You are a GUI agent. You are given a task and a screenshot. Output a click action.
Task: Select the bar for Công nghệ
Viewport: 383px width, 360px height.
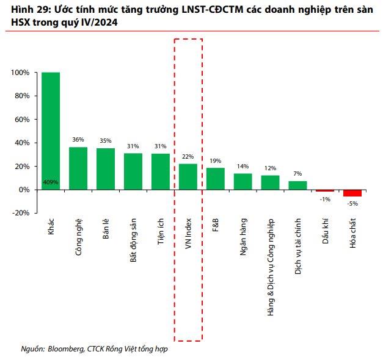(x=78, y=168)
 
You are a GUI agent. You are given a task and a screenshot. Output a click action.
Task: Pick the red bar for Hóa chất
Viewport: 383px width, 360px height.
(x=352, y=193)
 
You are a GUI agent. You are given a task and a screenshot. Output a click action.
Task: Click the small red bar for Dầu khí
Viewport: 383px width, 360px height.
(x=325, y=191)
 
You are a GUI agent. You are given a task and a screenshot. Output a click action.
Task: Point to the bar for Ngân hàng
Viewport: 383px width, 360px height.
(x=243, y=182)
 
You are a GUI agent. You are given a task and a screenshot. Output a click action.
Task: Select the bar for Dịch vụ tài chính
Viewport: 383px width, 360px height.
(x=297, y=185)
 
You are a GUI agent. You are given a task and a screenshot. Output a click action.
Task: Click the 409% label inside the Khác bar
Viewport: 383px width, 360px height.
(x=51, y=182)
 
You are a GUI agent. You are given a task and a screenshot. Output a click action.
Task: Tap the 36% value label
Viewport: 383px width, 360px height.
(x=78, y=140)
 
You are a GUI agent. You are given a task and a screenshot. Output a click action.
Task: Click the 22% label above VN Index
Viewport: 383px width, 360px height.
(x=188, y=156)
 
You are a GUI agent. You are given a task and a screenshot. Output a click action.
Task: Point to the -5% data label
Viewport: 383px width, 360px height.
(x=352, y=204)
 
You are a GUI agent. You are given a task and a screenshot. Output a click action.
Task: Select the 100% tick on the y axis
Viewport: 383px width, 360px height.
(x=20, y=73)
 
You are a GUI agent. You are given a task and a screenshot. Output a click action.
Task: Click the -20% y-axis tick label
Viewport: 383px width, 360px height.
(x=20, y=213)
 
